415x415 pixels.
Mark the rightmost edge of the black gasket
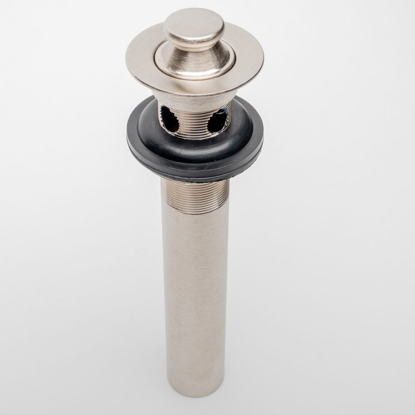[263, 140]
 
